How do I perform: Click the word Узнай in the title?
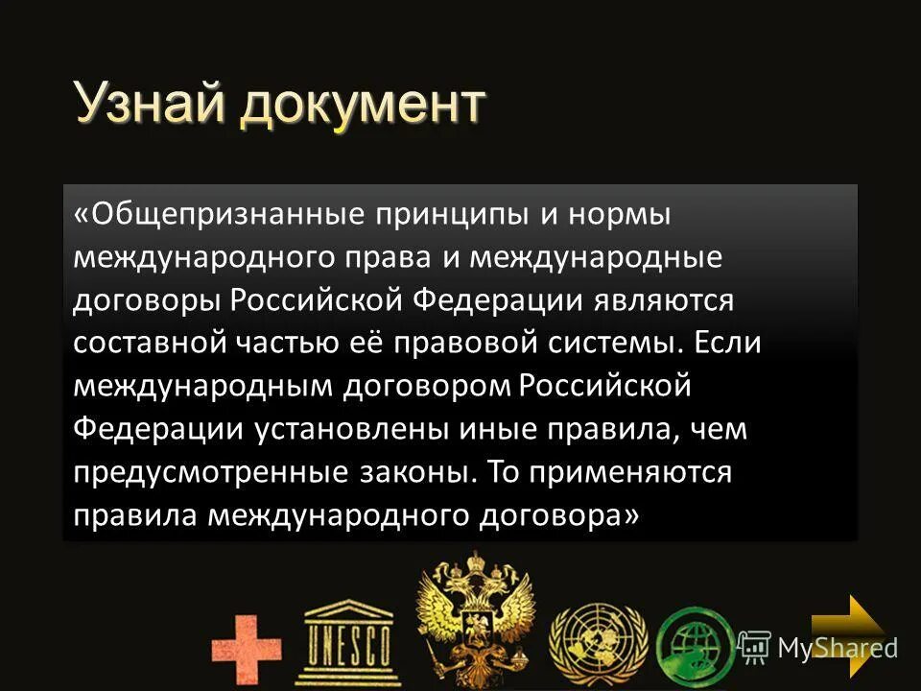pos(151,105)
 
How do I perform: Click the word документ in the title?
pos(362,105)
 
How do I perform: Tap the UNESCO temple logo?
pos(347,637)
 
